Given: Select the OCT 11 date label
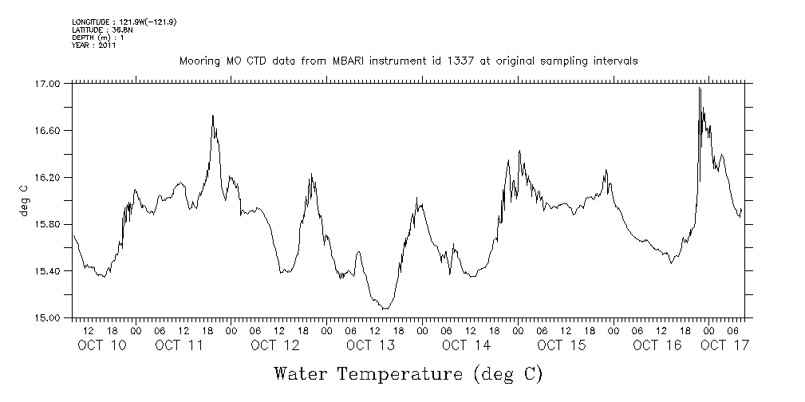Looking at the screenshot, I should coord(179,345).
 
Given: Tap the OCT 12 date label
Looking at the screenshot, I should coord(274,345).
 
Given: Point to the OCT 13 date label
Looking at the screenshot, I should coord(370,345).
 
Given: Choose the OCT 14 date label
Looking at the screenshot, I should coord(466,345).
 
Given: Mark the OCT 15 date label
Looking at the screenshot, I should coord(562,345).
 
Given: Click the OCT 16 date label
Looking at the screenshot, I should coord(657,345).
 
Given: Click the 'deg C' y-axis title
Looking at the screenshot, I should coord(23,200).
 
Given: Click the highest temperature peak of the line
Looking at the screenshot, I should coord(699,89).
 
